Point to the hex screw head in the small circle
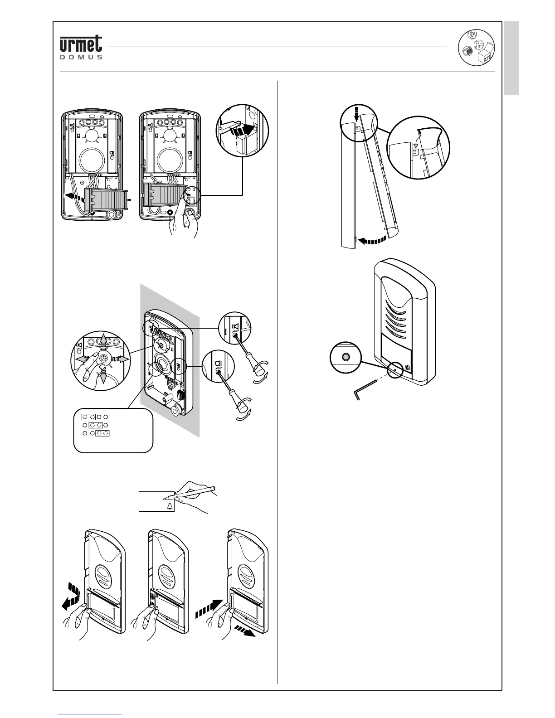[x=346, y=357]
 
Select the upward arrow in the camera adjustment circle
[x=103, y=340]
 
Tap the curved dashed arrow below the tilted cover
[x=372, y=239]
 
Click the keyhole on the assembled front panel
[x=406, y=368]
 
